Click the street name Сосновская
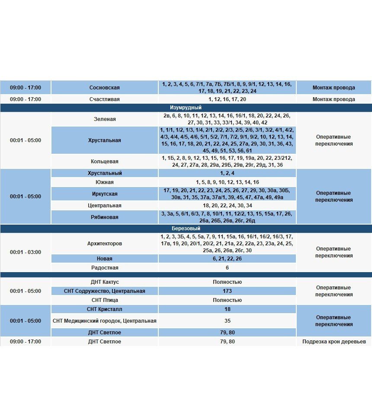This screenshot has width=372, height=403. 104,88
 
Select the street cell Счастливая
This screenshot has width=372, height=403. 104,99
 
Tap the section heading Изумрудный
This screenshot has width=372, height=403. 186,108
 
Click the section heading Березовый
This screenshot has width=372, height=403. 186,228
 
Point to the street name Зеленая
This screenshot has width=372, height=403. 104,119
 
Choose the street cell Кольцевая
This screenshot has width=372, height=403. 104,162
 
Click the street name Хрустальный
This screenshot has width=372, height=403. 104,173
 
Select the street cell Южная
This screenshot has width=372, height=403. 104,182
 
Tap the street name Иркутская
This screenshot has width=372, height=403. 104,194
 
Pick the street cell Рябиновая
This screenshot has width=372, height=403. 104,217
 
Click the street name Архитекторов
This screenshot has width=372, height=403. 104,244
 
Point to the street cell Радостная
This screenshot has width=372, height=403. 104,268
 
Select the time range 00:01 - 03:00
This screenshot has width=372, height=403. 26,252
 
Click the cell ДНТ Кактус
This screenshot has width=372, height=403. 104,282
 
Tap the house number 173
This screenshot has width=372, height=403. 227,291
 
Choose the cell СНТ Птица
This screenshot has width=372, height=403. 104,300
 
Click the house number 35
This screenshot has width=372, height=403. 227,321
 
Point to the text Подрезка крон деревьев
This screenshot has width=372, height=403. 334,342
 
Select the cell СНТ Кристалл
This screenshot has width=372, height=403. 104,309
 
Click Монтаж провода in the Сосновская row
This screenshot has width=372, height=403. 334,88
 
